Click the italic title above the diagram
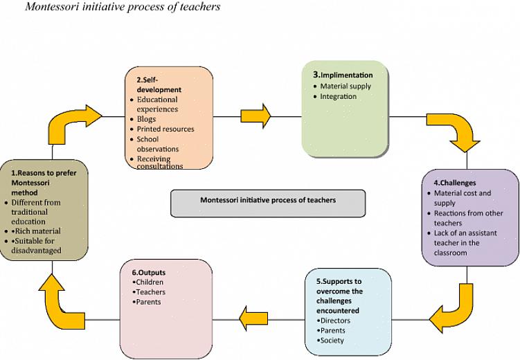tap(123, 7)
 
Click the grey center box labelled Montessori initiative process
tap(267, 200)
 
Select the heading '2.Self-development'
tap(159, 84)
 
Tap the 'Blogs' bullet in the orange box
tap(146, 119)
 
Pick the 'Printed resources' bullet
tap(165, 129)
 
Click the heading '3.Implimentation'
tap(343, 75)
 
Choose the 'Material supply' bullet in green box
tap(345, 87)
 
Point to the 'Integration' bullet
tap(338, 97)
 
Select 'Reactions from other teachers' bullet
tap(468, 218)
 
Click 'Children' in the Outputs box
tap(150, 282)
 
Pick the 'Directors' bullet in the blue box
tap(334, 321)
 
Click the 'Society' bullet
tap(332, 340)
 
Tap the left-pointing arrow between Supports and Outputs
tap(253, 318)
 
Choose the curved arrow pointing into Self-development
tap(74, 122)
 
